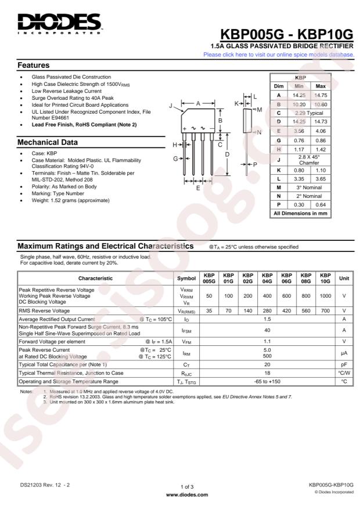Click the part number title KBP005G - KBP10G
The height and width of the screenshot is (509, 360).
point(287,34)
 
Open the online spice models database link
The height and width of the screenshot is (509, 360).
point(279,55)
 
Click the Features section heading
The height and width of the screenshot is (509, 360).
point(33,65)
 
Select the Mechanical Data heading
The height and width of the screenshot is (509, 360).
point(48,142)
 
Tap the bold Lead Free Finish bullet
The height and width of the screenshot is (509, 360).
point(84,125)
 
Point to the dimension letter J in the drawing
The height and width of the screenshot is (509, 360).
point(171,106)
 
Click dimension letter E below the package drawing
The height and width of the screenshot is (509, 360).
point(198,187)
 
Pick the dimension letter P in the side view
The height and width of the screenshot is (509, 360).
point(255,165)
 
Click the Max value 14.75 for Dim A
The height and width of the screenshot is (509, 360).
point(321,95)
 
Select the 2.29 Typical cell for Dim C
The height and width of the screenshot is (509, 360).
point(309,113)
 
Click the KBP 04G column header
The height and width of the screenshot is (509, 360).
point(268,278)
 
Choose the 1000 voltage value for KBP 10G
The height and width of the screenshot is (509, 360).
point(326,295)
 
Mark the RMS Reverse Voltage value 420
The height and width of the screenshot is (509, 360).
point(287,311)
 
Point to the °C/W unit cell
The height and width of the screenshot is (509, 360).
point(344,373)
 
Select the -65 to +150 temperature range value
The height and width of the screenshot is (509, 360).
point(268,381)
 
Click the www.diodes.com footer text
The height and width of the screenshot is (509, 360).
point(187,495)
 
